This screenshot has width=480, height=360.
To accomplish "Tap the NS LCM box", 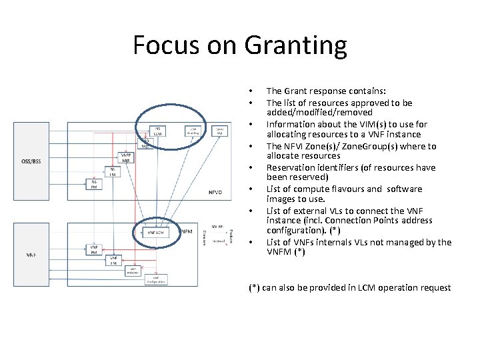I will tap(158, 131).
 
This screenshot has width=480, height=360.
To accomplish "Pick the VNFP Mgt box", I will tap(125, 157).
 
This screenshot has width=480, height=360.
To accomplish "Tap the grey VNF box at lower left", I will tap(32, 255).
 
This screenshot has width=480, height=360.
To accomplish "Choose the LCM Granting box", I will tap(192, 131).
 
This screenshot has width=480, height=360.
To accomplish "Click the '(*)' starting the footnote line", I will tap(254, 287).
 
